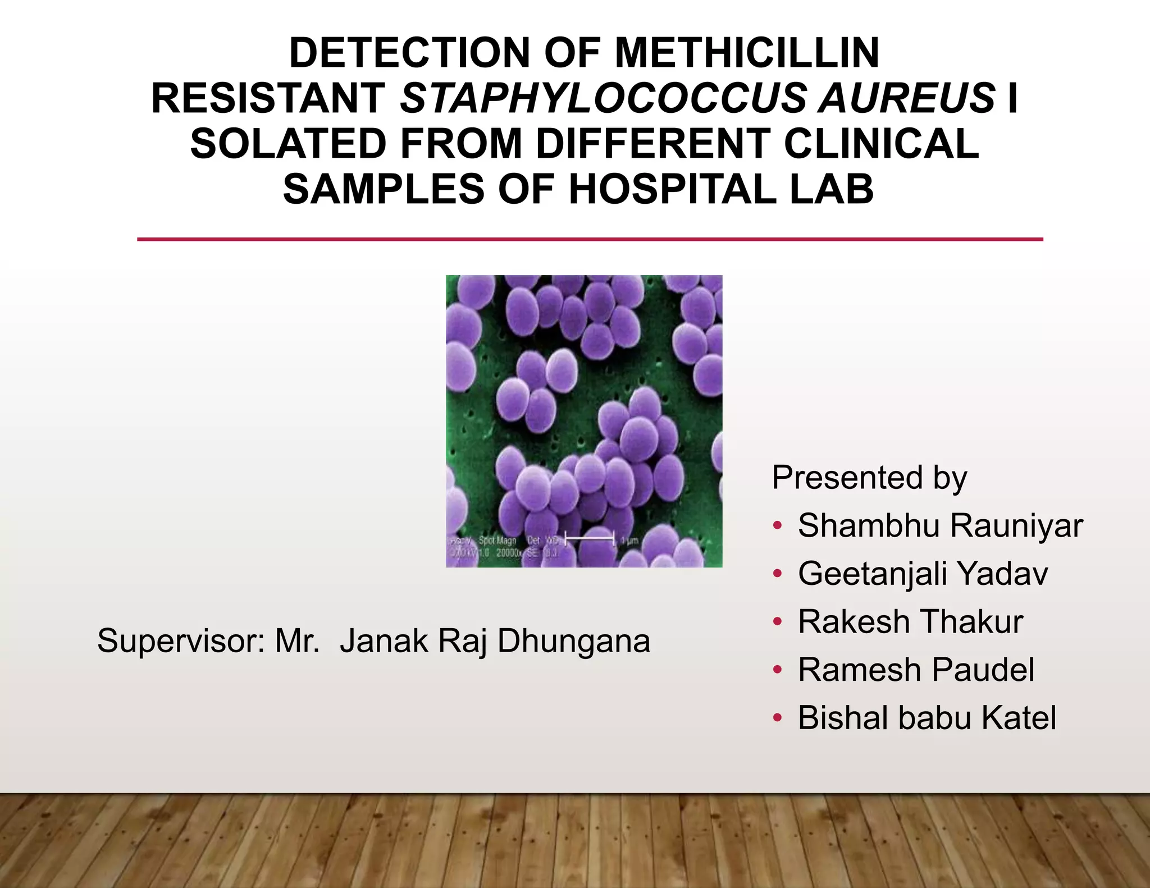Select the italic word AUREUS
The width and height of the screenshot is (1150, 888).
tap(906, 98)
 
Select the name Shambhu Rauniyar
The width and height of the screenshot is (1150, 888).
tap(939, 526)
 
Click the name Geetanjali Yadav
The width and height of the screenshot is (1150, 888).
tap(923, 574)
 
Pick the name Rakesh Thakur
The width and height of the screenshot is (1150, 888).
tap(910, 622)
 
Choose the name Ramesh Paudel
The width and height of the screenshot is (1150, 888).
tap(916, 670)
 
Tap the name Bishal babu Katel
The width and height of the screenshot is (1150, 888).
tap(927, 718)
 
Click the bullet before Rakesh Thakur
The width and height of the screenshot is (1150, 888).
tap(777, 621)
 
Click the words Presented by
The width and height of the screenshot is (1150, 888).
tap(869, 478)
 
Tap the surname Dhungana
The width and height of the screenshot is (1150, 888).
tap(573, 641)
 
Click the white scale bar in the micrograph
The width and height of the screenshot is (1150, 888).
tap(589, 538)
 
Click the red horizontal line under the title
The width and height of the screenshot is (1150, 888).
tap(590, 239)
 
